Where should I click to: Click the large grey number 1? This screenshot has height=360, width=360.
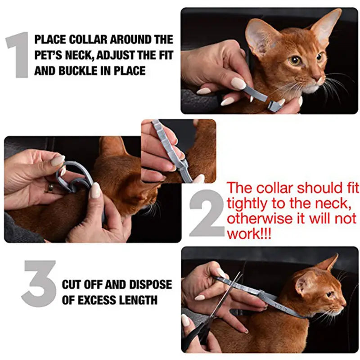pos(17,54)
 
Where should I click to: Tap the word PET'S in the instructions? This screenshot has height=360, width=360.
pos(48,55)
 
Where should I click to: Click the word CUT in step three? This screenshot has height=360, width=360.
pos(72,284)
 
